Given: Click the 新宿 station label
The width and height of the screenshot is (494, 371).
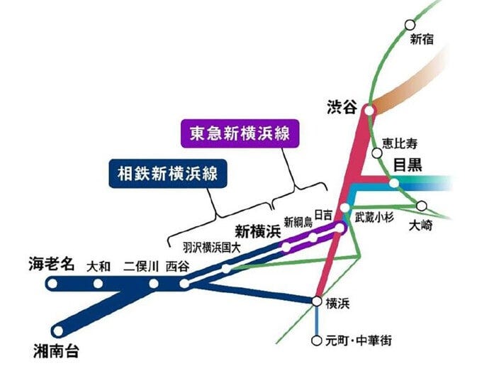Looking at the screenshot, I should (x=422, y=41).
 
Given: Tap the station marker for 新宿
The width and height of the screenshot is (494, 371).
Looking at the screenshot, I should (x=410, y=24).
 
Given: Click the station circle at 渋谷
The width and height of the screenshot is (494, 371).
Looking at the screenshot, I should (x=369, y=110).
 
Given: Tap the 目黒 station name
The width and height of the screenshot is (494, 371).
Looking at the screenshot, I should (x=408, y=165).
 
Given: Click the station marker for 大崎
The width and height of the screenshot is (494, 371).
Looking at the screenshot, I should (x=422, y=206).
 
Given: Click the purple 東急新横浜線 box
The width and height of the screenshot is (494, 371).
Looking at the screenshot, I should (x=240, y=133).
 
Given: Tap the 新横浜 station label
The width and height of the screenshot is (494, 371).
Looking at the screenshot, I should (x=258, y=231).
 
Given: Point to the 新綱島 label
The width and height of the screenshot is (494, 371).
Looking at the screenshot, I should (x=297, y=221).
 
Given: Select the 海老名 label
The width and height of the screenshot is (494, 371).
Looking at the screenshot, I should (x=52, y=264).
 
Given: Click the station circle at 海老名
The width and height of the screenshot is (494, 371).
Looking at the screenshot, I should (x=51, y=284).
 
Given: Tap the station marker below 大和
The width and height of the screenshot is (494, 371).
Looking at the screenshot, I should (x=99, y=284).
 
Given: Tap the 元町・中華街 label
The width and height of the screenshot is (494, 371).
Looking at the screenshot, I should (x=358, y=340).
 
